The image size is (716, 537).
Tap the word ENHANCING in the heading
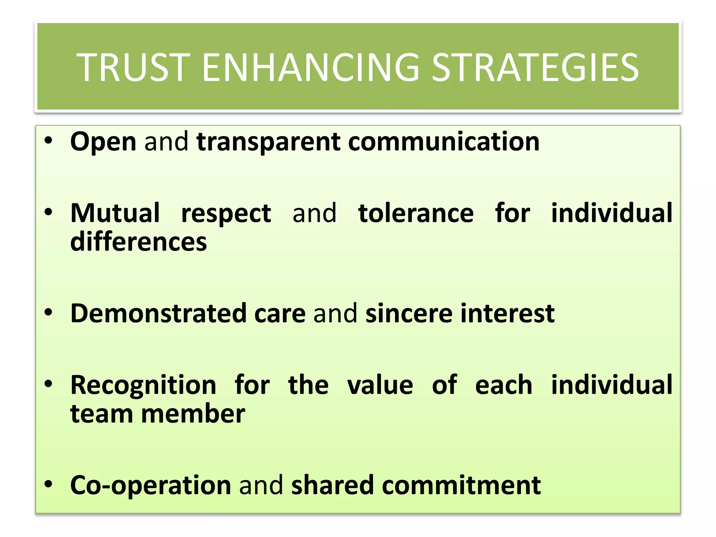pyautogui.click(x=310, y=67)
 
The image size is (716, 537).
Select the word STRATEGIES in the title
pyautogui.click(x=535, y=67)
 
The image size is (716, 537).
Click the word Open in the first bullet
pyautogui.click(x=103, y=142)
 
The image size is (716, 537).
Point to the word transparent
pyautogui.click(x=268, y=142)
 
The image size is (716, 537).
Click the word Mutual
pyautogui.click(x=115, y=213)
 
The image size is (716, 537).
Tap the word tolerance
pyautogui.click(x=416, y=213)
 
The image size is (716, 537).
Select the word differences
pyautogui.click(x=138, y=242)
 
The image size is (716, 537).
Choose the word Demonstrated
pyautogui.click(x=158, y=313)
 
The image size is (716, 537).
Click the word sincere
pyautogui.click(x=409, y=313)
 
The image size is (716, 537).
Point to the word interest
pyautogui.click(x=507, y=313)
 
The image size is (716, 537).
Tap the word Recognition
pyautogui.click(x=143, y=385)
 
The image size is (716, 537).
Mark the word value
pyautogui.click(x=380, y=385)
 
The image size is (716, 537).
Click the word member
pyautogui.click(x=193, y=414)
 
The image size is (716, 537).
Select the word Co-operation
pyautogui.click(x=151, y=485)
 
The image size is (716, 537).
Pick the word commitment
pyautogui.click(x=461, y=485)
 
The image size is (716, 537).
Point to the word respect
pyautogui.click(x=226, y=214)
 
